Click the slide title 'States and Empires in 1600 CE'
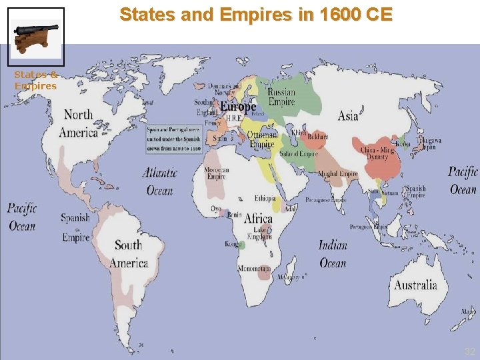pyautogui.click(x=256, y=14)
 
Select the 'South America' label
pyautogui.click(x=129, y=254)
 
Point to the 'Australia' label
pyautogui.click(x=415, y=285)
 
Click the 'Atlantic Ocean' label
pyautogui.click(x=160, y=181)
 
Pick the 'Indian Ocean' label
pyautogui.click(x=333, y=254)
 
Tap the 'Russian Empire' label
pyautogui.click(x=281, y=97)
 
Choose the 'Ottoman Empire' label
pyautogui.click(x=262, y=139)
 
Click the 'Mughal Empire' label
pyautogui.click(x=338, y=174)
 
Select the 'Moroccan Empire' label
pyautogui.click(x=217, y=173)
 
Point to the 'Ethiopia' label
pyautogui.click(x=265, y=199)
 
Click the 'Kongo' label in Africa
pyautogui.click(x=233, y=244)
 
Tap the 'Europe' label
pyautogui.click(x=238, y=107)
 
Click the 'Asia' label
pyautogui.click(x=348, y=115)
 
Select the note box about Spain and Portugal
pyautogui.click(x=174, y=140)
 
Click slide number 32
pyautogui.click(x=470, y=351)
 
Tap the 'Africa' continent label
pyautogui.click(x=258, y=219)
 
